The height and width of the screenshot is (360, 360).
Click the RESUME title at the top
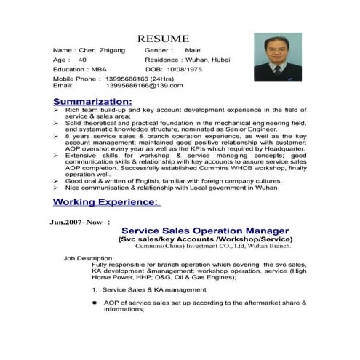pos(164,38)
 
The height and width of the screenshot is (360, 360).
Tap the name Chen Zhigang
pos(101,50)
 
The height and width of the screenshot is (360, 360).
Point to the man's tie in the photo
pos(277,71)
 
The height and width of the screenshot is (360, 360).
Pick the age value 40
pos(82,60)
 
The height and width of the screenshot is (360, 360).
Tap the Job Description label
pos(88,257)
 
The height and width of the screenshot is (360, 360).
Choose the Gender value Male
pos(193,50)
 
